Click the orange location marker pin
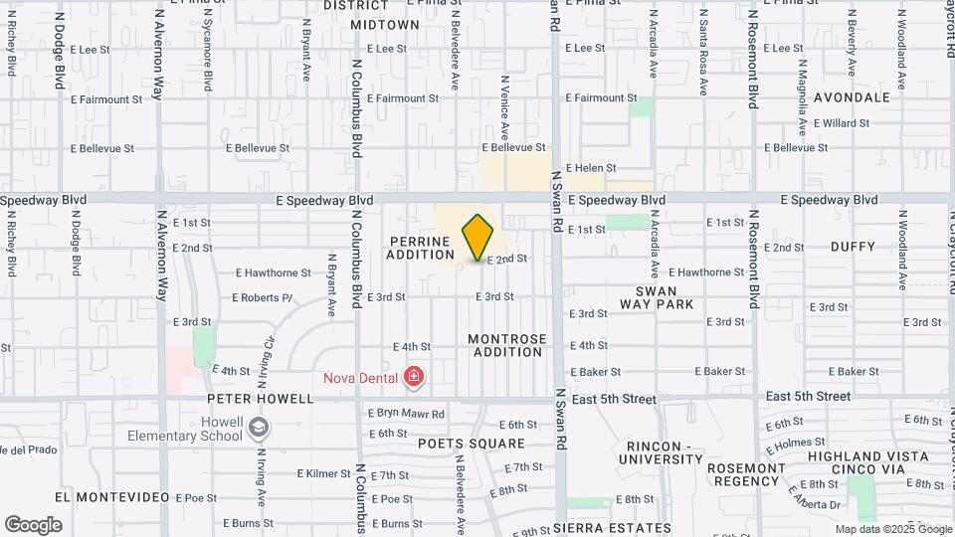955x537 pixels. pyautogui.click(x=478, y=238)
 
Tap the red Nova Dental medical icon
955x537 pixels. pyautogui.click(x=413, y=377)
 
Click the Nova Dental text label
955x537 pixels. pyautogui.click(x=360, y=377)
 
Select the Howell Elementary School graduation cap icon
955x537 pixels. pyautogui.click(x=259, y=428)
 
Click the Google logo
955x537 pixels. pyautogui.click(x=33, y=525)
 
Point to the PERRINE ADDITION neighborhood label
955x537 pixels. pyautogui.click(x=421, y=248)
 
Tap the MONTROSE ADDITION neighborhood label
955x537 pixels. pyautogui.click(x=507, y=345)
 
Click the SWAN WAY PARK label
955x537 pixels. pyautogui.click(x=656, y=296)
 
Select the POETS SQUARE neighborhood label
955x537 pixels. pyautogui.click(x=471, y=443)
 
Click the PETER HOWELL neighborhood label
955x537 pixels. pyautogui.click(x=261, y=399)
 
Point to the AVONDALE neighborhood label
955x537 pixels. pyautogui.click(x=852, y=97)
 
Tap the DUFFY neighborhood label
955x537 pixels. pyautogui.click(x=853, y=247)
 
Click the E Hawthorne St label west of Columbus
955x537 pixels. pyautogui.click(x=274, y=272)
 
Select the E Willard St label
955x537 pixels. pyautogui.click(x=841, y=123)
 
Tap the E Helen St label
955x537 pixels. pyautogui.click(x=591, y=169)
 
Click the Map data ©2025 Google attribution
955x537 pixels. pyautogui.click(x=892, y=529)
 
